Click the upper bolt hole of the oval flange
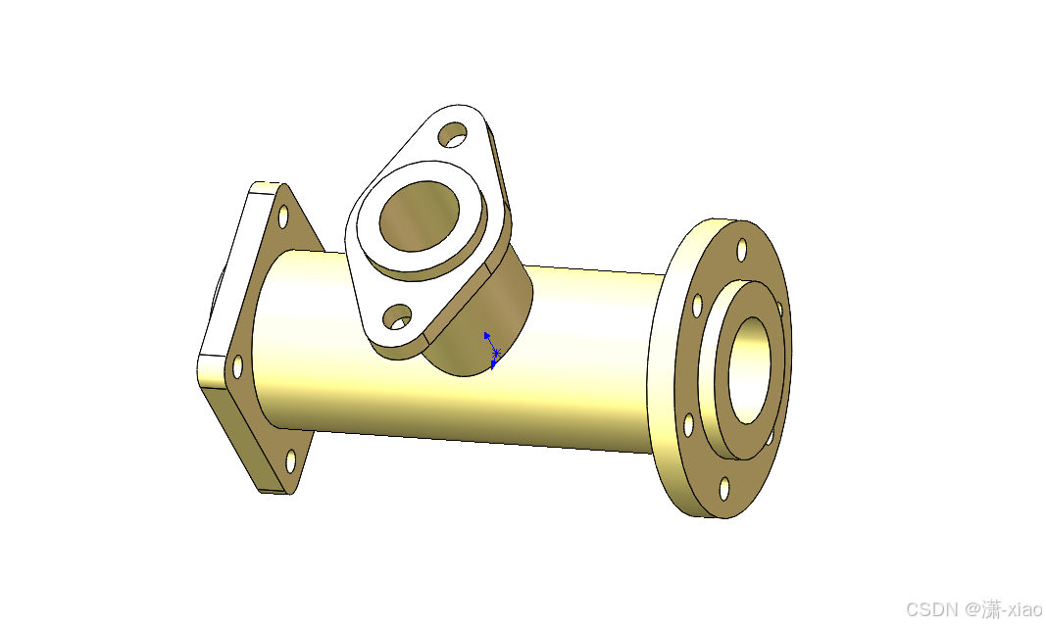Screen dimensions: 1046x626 click(x=453, y=134)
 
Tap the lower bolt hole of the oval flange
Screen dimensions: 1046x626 click(x=398, y=317)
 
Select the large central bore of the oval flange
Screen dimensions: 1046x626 click(x=420, y=216)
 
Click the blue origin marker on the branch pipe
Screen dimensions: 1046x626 click(x=493, y=351)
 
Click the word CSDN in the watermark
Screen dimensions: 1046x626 click(x=932, y=609)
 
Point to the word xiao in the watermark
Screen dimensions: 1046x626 click(x=1024, y=609)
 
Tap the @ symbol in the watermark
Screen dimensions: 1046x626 click(x=971, y=609)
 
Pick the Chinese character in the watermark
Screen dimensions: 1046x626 click(x=991, y=609)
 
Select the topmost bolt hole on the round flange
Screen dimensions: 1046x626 click(x=742, y=250)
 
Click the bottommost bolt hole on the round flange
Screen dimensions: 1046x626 click(x=724, y=489)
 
